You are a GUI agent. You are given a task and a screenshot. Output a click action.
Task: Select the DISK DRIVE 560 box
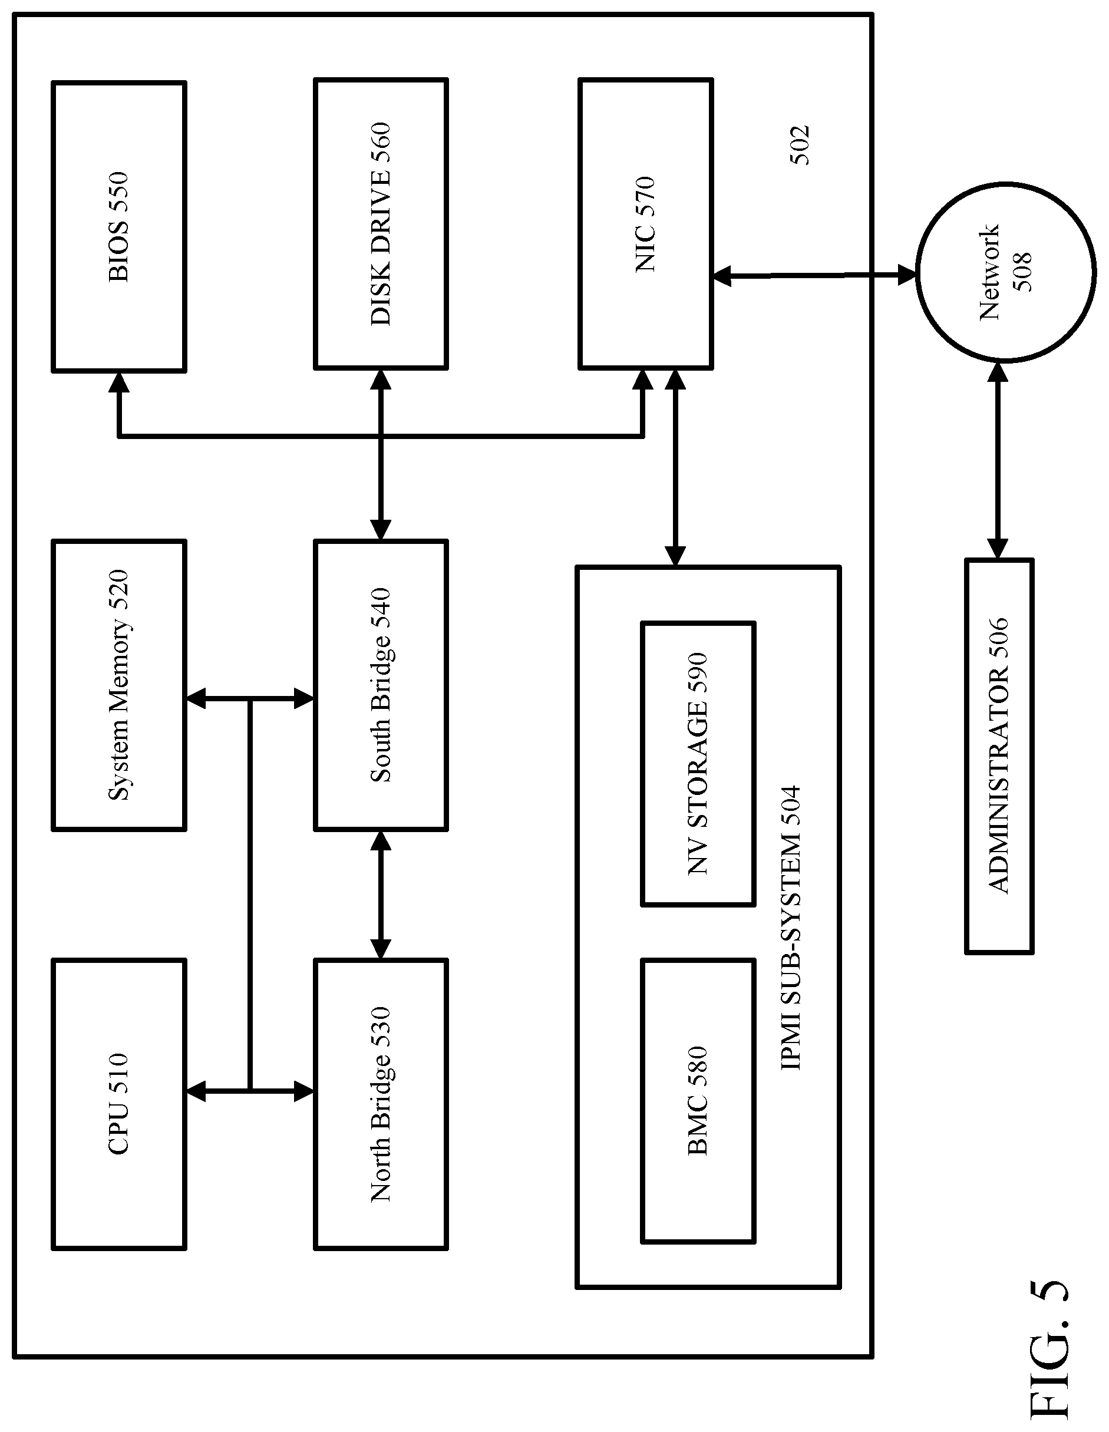tap(381, 223)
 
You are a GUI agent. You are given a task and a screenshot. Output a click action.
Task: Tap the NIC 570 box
tap(645, 223)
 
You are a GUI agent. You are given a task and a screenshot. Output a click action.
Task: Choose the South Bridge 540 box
tap(381, 685)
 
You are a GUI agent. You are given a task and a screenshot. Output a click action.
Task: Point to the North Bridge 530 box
tap(381, 1104)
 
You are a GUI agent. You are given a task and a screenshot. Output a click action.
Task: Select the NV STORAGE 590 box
tap(698, 764)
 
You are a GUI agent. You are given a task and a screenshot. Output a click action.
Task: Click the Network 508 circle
tap(1005, 272)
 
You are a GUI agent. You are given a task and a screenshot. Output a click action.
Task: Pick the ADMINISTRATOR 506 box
tap(999, 756)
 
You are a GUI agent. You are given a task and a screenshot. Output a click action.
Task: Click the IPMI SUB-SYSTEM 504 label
tap(791, 928)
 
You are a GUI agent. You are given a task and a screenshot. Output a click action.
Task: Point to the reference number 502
tap(799, 145)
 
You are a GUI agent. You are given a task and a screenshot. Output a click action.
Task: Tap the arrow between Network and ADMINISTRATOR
tap(998, 460)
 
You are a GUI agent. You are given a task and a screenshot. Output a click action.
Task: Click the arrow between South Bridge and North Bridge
tap(381, 895)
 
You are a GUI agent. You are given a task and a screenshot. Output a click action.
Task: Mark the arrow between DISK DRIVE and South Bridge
tap(381, 455)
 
